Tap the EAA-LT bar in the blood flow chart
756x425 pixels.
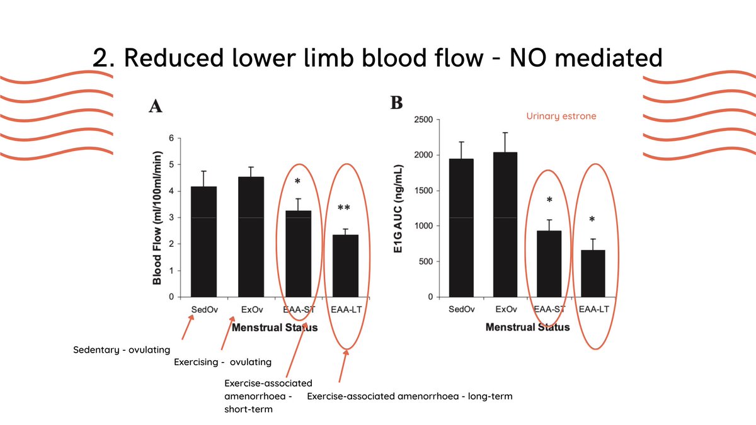344,265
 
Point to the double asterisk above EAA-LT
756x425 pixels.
344,208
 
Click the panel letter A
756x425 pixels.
156,106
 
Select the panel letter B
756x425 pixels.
396,102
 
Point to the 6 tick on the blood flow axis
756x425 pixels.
171,139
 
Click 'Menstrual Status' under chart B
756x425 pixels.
527,327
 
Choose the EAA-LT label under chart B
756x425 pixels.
593,309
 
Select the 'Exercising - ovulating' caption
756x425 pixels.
222,362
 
